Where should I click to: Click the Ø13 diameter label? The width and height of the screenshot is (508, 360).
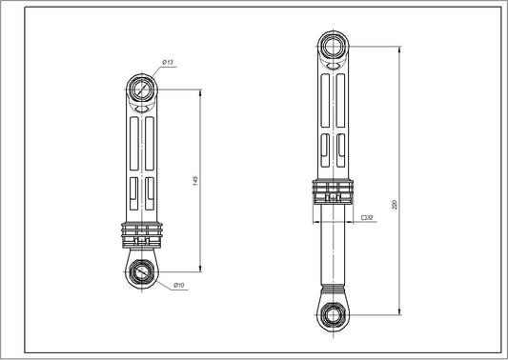click(x=167, y=62)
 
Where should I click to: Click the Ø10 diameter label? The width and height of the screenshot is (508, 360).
click(x=178, y=286)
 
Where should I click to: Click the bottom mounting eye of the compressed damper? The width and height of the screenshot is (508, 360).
click(x=142, y=270)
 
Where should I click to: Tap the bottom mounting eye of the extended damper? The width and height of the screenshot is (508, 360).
click(x=330, y=311)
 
